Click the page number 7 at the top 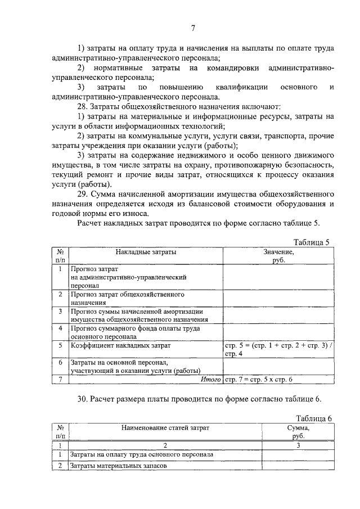(x=193, y=28)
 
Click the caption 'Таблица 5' (x=312, y=242)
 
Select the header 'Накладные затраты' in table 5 (x=146, y=253)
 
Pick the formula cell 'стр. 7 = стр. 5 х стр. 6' (x=259, y=380)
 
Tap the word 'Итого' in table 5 (x=211, y=380)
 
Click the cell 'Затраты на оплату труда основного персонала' (x=141, y=454)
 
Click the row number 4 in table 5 (x=60, y=328)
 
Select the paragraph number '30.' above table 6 (x=83, y=399)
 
